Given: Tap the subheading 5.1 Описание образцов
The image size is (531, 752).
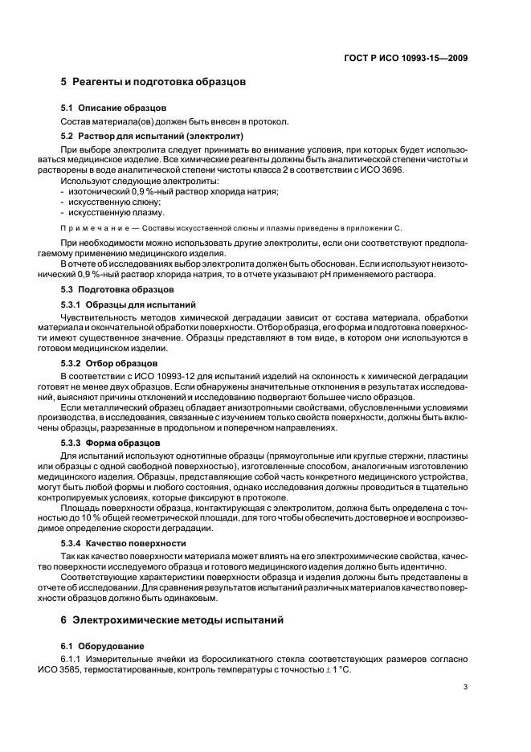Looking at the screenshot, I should pos(114,108).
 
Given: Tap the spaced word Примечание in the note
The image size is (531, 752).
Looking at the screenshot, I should pos(96,229).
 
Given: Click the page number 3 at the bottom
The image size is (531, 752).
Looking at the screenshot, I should pos(465,687).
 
